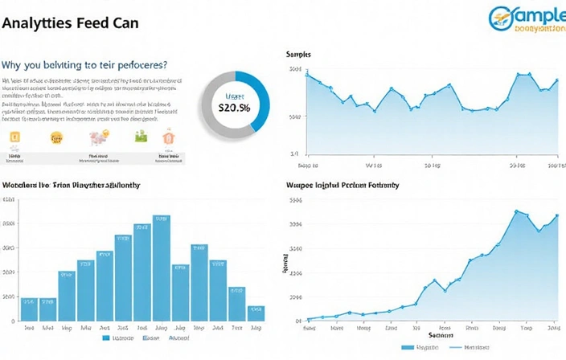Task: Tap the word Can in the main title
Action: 125,22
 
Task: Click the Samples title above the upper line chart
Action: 299,54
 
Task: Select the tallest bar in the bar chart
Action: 161,268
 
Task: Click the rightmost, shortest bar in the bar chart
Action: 256,313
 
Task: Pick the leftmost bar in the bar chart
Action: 29,309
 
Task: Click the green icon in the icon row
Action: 141,136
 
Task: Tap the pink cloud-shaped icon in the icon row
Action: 99,138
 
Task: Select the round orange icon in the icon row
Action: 56,137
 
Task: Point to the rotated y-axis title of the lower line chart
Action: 285,266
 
